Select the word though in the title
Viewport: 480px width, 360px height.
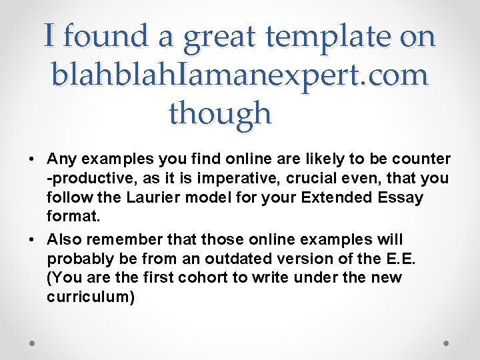[221, 113]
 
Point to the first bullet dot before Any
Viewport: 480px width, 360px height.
[31, 160]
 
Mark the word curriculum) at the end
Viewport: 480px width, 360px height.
[91, 297]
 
